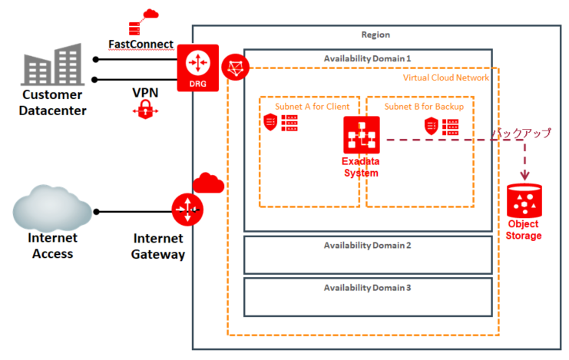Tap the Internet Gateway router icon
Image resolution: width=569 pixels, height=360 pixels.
point(187,209)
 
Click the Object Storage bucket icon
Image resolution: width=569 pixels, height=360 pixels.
point(524,202)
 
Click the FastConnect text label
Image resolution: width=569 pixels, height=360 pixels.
point(141,45)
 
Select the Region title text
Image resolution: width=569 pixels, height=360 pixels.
point(375,35)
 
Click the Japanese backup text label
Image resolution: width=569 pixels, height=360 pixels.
point(521,133)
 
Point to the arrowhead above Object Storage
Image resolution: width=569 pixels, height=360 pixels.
point(525,176)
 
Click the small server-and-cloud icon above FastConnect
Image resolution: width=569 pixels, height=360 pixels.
point(140,21)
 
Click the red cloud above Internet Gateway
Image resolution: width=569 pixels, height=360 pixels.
point(207,183)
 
